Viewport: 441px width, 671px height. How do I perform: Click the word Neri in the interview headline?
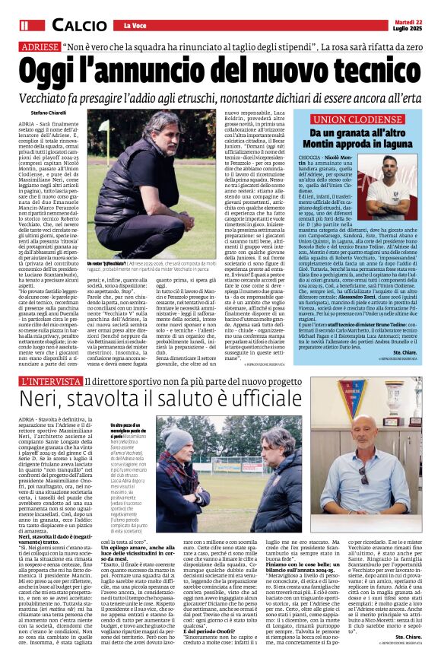tap(45, 401)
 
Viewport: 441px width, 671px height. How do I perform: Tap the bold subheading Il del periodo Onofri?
tap(219, 586)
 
